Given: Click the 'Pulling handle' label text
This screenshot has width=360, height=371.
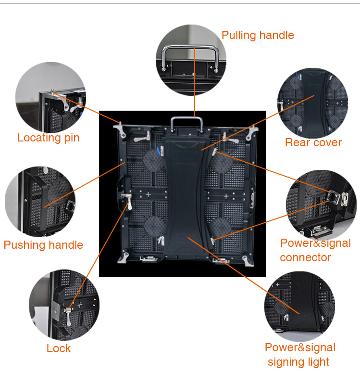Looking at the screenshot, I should point(258,35).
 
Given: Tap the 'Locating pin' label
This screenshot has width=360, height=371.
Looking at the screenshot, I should point(48,138).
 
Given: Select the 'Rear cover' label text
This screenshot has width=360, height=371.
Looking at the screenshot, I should point(313,142).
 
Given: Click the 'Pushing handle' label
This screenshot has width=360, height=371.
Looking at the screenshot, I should point(43,245).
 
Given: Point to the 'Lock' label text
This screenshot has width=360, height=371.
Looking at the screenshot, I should point(59,348).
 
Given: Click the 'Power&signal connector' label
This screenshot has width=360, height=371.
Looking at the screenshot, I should point(315,250).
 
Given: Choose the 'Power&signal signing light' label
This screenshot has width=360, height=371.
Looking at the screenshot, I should point(299,355).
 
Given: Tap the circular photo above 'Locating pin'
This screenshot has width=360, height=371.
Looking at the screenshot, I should point(50,97).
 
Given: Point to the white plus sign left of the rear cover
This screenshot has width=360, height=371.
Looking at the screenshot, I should point(148,195).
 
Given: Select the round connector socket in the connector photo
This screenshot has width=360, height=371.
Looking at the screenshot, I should point(332,197).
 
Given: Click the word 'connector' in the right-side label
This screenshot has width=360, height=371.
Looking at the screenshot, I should point(305,257).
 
